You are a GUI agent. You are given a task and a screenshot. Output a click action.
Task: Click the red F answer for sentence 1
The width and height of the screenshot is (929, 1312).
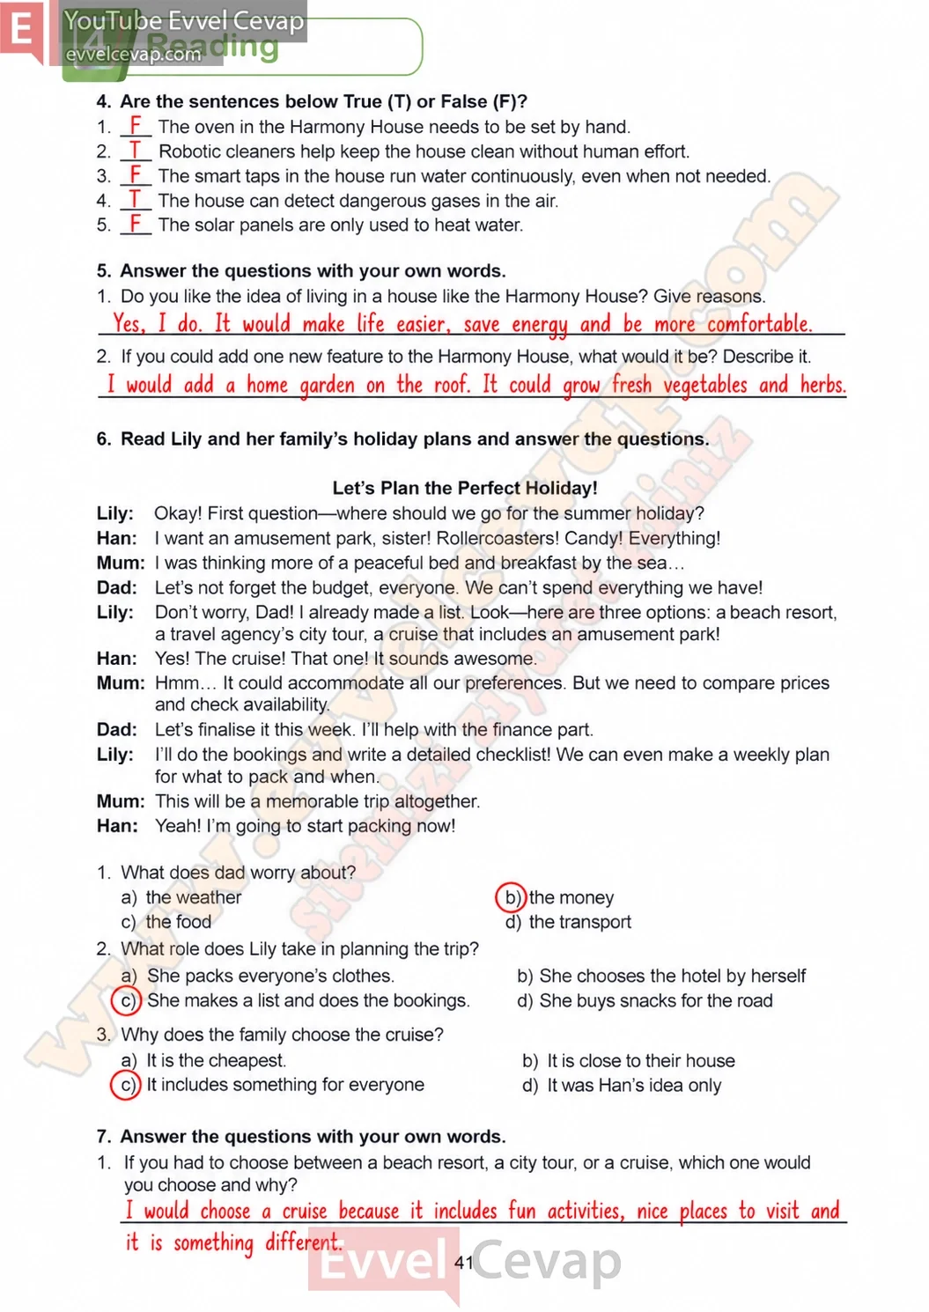pos(136,125)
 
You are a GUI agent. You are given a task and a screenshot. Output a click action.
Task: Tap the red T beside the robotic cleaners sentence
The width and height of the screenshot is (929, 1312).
pos(136,150)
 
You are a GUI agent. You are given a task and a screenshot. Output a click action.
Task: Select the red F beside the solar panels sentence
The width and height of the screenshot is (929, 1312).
pos(136,223)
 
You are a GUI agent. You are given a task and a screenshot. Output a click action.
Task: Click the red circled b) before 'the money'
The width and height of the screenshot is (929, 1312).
pos(511,897)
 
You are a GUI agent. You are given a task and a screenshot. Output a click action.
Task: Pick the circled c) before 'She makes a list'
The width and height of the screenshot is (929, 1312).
pos(126,999)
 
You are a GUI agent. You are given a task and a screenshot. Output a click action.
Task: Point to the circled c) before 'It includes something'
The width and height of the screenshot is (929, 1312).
pos(126,1085)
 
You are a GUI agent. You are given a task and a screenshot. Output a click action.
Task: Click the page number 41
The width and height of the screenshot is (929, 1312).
pos(463,1262)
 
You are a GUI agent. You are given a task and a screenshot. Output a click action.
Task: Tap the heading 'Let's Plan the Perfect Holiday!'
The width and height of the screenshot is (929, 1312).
pos(465,488)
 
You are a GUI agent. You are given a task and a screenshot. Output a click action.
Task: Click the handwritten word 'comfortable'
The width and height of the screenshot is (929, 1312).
pos(759,323)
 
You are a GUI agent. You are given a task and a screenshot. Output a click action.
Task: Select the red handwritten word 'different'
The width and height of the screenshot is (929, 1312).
pos(303,1242)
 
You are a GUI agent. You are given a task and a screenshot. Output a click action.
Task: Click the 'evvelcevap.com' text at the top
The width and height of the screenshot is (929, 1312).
pos(133,54)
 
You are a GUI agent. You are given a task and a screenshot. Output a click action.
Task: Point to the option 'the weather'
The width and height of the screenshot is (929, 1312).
pos(194,897)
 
